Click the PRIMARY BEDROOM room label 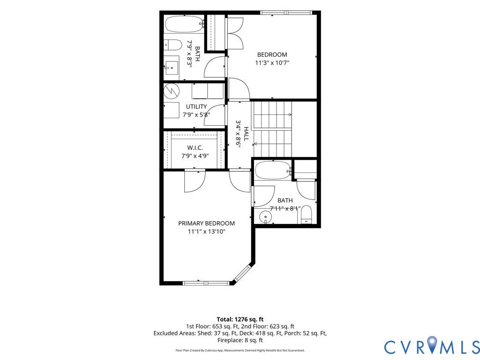[206, 224]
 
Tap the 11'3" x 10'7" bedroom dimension [272, 63]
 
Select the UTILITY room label [196, 106]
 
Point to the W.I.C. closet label [195, 148]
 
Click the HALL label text [246, 134]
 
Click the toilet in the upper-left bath [172, 45]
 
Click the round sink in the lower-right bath [265, 217]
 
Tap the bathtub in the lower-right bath [273, 170]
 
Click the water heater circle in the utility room [170, 90]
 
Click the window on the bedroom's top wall [286, 13]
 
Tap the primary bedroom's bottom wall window [206, 283]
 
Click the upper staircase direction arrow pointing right [272, 115]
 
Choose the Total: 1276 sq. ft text [240, 319]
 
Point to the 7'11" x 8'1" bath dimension [285, 209]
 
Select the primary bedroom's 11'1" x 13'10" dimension [207, 232]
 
